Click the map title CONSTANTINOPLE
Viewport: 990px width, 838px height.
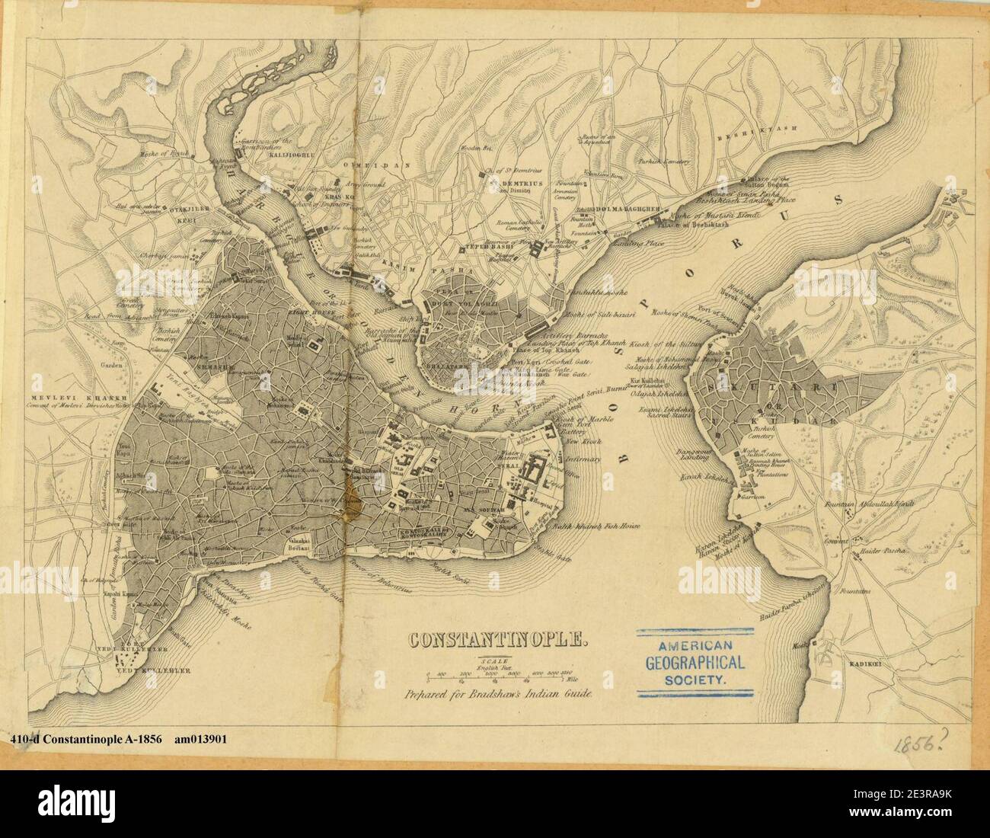[x=498, y=638]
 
